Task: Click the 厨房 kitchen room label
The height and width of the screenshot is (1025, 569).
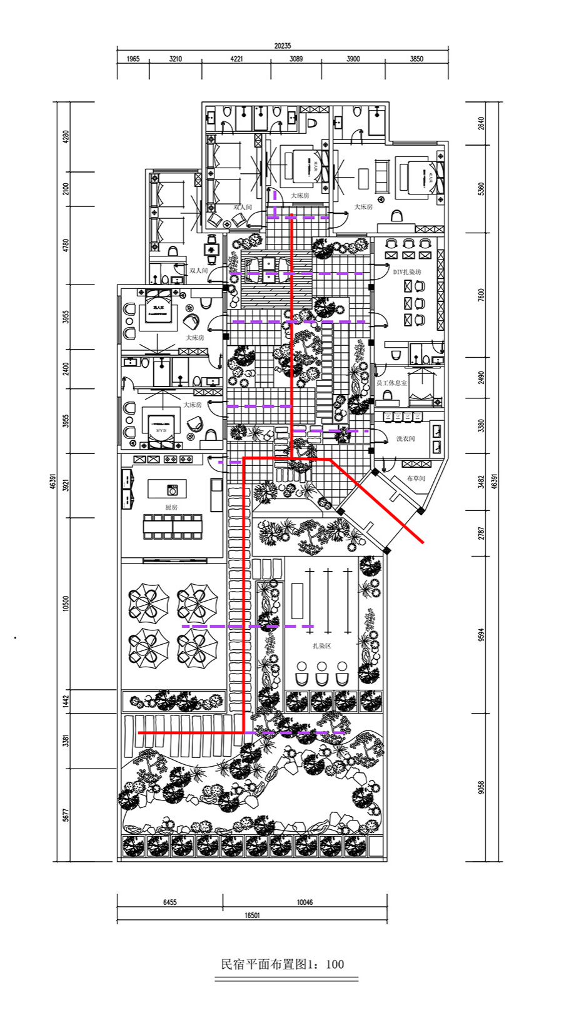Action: point(171,507)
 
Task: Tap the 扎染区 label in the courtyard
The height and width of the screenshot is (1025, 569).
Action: point(322,645)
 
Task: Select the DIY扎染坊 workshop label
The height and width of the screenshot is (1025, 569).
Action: point(407,272)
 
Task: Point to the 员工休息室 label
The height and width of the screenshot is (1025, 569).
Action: point(391,383)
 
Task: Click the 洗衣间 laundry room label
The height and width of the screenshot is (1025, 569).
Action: point(405,439)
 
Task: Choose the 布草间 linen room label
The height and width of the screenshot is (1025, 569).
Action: point(416,478)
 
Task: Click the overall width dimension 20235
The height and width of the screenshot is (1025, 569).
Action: point(283,46)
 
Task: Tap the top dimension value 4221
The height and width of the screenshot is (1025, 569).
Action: point(236,59)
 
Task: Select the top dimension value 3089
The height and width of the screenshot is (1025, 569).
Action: point(296,59)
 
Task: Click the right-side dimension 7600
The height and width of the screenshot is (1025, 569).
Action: point(481,295)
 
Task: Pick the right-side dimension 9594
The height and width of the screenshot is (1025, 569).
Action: point(481,634)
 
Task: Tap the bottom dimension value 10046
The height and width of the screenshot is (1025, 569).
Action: point(305,902)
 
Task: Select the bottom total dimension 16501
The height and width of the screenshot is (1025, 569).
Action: point(252,915)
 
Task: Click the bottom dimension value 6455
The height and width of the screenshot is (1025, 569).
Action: point(169,902)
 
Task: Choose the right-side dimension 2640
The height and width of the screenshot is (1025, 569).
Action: point(481,123)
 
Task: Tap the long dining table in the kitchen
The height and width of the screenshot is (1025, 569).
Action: point(173,526)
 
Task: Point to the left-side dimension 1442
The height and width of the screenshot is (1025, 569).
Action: point(66,702)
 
